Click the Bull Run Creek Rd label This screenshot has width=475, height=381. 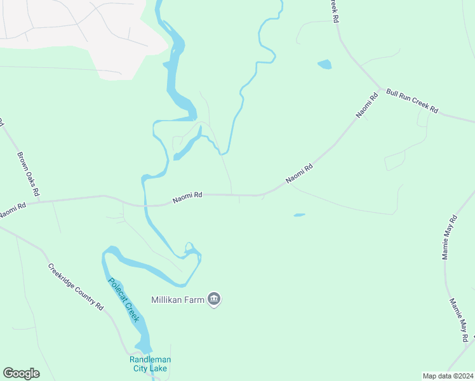[x=413, y=101]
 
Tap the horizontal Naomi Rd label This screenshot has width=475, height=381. [x=187, y=198]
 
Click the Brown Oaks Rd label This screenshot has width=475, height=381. [x=29, y=173]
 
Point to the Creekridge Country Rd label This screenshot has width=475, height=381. [x=76, y=287]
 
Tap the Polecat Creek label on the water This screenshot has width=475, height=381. [x=123, y=301]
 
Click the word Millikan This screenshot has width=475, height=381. [x=168, y=299]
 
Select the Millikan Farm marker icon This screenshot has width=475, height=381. [x=214, y=299]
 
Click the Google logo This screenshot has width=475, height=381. [x=21, y=373]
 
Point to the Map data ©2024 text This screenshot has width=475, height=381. [x=448, y=376]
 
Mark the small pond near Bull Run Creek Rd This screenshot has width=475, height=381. [x=324, y=64]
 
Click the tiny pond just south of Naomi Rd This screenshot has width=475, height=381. [x=299, y=215]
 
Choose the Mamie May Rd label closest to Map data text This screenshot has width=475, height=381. [x=462, y=320]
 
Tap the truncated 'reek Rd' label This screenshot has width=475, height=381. [x=333, y=11]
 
